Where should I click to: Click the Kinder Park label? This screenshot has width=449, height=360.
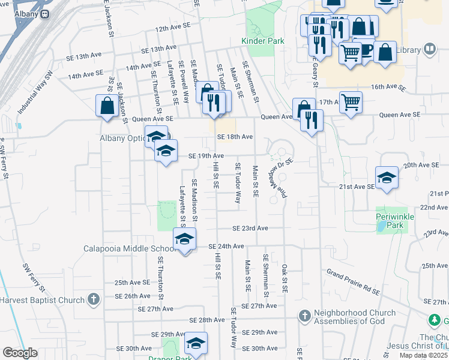pyautogui.click(x=262, y=41)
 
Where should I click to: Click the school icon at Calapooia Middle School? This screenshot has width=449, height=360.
pyautogui.click(x=185, y=239)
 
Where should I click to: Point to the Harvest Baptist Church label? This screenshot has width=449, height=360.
pyautogui.click(x=41, y=299)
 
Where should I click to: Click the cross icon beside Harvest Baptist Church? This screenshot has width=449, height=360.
pyautogui.click(x=93, y=299)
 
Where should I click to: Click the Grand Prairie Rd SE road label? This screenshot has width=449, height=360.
pyautogui.click(x=353, y=282)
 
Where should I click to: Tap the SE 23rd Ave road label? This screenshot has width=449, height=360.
pyautogui.click(x=250, y=229)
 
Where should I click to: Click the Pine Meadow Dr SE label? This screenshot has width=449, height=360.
pyautogui.click(x=280, y=177)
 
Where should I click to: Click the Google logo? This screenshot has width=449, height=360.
pyautogui.click(x=20, y=353)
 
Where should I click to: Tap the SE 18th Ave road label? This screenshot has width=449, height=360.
pyautogui.click(x=235, y=137)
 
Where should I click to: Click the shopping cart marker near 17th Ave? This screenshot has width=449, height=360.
pyautogui.click(x=351, y=102)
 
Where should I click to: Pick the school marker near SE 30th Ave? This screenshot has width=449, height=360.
pyautogui.click(x=196, y=343)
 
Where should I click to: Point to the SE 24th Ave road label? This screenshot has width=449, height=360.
pyautogui.click(x=226, y=246)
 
